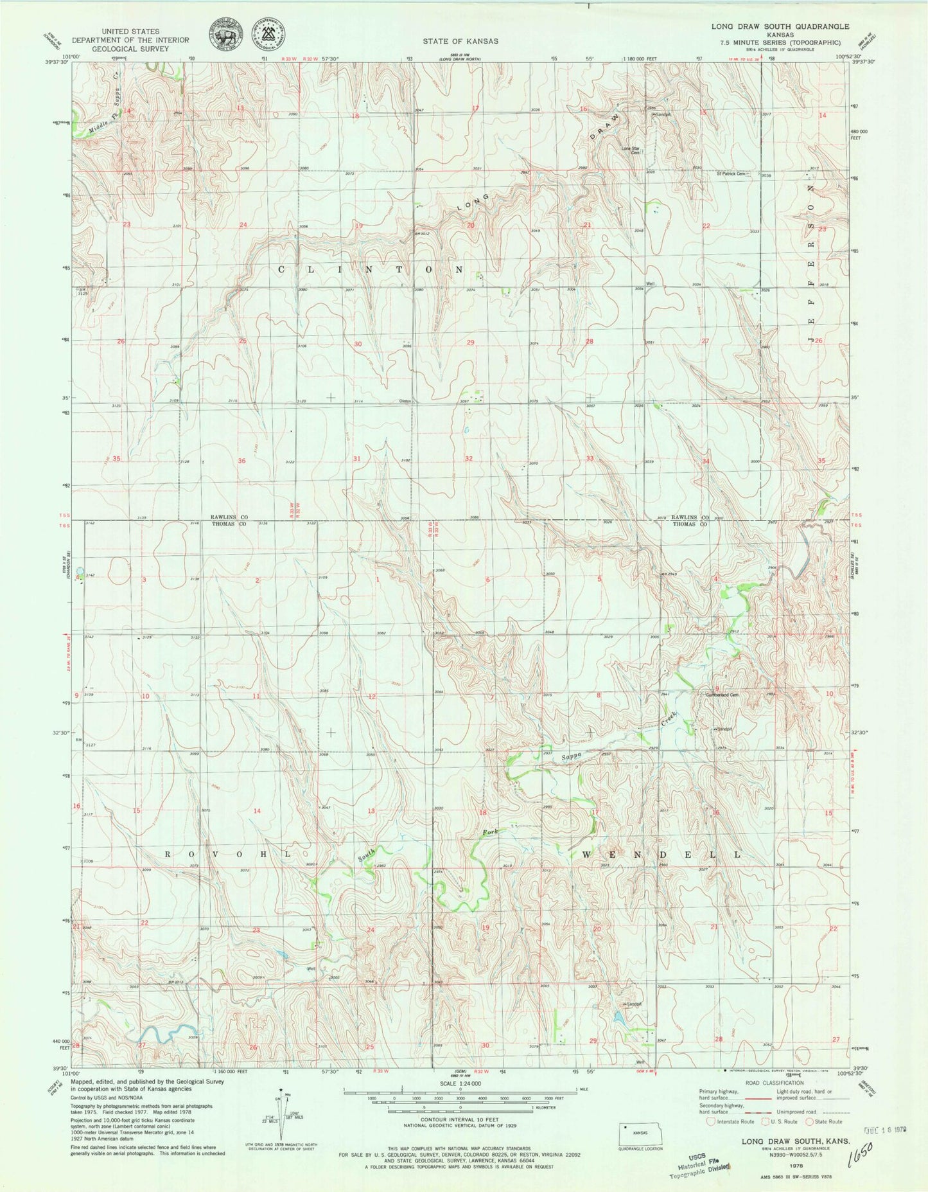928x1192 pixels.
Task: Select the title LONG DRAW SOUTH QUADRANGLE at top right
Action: [x=770, y=27]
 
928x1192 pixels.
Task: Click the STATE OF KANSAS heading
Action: [x=460, y=41]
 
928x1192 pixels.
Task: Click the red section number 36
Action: [x=241, y=461]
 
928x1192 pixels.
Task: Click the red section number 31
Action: [x=356, y=459]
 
